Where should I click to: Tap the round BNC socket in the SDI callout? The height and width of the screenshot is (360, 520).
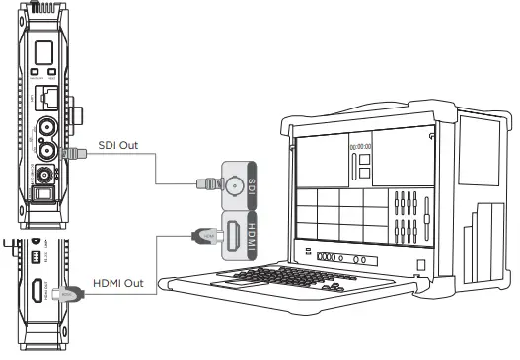[x=237, y=183]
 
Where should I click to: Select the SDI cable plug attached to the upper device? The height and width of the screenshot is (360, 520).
[x=67, y=153]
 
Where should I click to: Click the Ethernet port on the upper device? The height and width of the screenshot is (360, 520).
[x=45, y=99]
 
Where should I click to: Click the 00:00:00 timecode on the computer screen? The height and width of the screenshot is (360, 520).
[x=358, y=148]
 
